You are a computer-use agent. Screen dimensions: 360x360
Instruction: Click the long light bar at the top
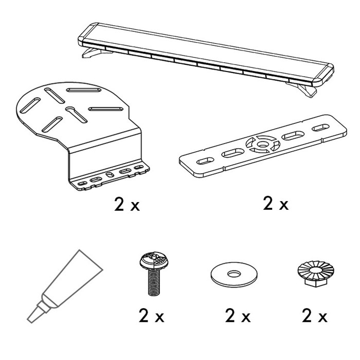(x=206, y=55)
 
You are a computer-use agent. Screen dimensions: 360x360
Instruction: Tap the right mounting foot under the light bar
(x=303, y=89)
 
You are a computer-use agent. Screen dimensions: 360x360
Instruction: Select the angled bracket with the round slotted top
(x=83, y=136)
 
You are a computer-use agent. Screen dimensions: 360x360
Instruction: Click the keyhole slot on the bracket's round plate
(x=76, y=114)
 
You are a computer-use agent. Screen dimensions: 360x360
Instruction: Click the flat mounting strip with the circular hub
(x=263, y=146)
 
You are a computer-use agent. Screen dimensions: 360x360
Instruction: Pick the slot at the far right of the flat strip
(x=320, y=128)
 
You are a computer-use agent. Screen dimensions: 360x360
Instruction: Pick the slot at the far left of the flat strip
(x=205, y=160)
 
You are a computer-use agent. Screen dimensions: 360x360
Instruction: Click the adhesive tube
(x=65, y=286)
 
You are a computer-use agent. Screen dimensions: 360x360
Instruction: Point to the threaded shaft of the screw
(x=154, y=282)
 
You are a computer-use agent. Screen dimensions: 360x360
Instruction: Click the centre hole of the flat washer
(x=234, y=274)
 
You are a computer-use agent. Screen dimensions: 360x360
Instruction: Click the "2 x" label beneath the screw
(x=152, y=316)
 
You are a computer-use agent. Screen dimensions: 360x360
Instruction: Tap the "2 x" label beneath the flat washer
(x=238, y=316)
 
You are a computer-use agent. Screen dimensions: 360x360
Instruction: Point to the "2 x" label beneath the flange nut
(x=315, y=316)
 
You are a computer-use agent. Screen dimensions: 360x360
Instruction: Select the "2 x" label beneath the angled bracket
(x=127, y=204)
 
